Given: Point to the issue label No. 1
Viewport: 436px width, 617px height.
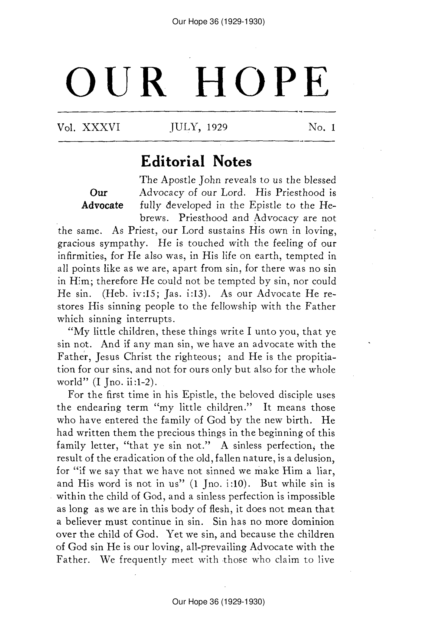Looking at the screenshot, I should (322, 127).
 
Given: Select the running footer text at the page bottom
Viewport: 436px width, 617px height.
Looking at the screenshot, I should (218, 602).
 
